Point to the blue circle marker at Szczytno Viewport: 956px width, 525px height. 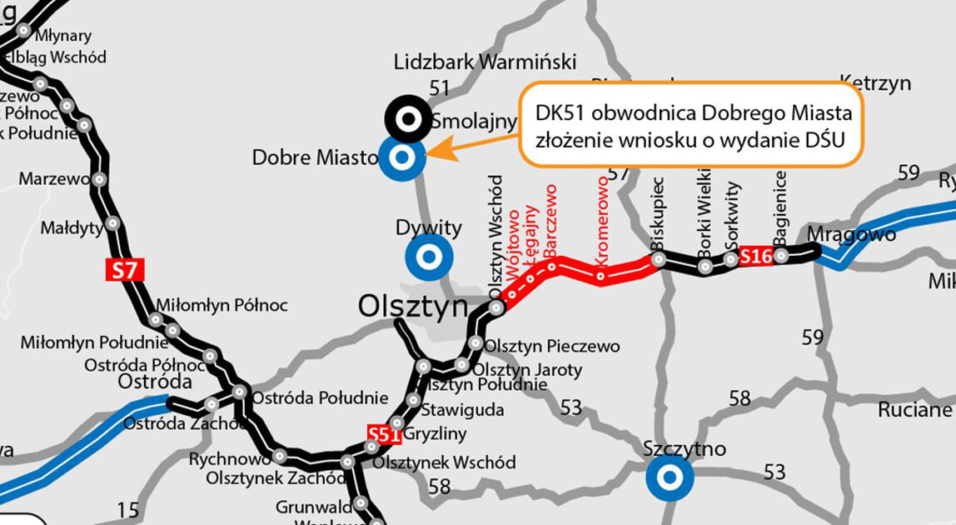point(669,478)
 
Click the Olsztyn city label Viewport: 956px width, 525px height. point(413,306)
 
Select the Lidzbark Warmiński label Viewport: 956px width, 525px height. point(485,62)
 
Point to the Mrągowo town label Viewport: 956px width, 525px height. point(852,234)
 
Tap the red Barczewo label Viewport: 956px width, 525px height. point(550,221)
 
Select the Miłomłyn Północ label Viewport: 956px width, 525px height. point(222,306)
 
